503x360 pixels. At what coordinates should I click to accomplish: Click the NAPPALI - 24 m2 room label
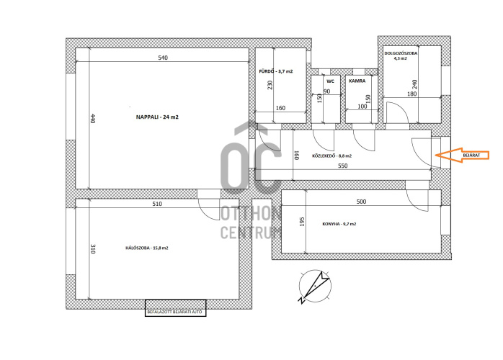tap(157, 117)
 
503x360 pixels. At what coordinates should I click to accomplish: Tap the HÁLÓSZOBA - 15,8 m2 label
tap(146, 248)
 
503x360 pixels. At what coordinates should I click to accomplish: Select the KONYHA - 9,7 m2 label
tap(339, 224)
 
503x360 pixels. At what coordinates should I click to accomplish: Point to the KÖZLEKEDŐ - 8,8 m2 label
tap(331, 156)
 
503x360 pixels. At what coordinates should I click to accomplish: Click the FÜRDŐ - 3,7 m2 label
tap(276, 71)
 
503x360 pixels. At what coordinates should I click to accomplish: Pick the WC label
tap(330, 81)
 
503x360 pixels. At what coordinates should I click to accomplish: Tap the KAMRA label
tap(357, 81)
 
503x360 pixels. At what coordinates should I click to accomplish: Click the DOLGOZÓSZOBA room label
tap(401, 53)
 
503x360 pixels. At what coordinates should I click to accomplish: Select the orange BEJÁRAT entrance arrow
tap(462, 155)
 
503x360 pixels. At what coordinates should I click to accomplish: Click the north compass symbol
tap(314, 287)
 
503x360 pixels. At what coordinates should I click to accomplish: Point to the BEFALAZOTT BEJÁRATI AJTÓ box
tap(175, 308)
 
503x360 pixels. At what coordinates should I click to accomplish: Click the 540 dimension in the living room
tap(163, 58)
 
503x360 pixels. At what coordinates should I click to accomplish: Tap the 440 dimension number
tap(93, 119)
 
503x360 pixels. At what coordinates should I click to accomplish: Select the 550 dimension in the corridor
tap(342, 166)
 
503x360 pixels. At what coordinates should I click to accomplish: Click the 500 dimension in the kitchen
tap(361, 202)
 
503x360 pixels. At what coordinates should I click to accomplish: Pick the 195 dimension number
tap(302, 222)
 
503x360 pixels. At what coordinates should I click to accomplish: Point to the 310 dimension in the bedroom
tap(93, 249)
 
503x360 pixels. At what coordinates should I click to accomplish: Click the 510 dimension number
tap(157, 204)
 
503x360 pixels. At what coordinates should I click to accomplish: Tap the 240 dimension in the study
tap(414, 85)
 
